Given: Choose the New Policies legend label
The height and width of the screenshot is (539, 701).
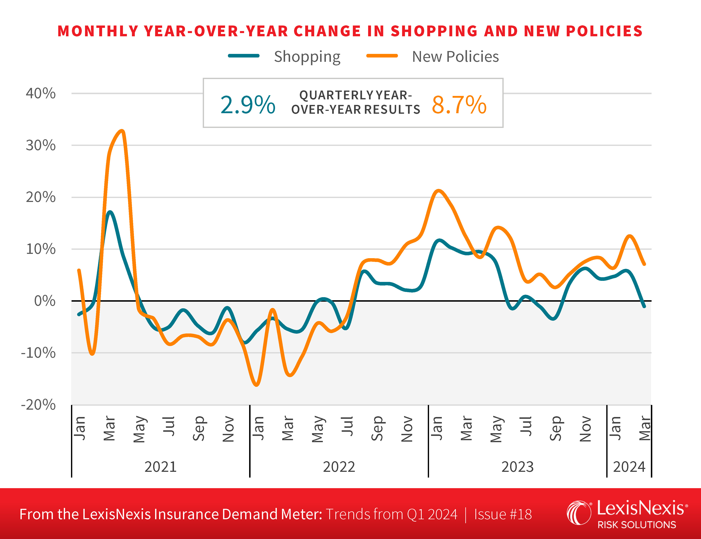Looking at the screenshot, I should point(455,57).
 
